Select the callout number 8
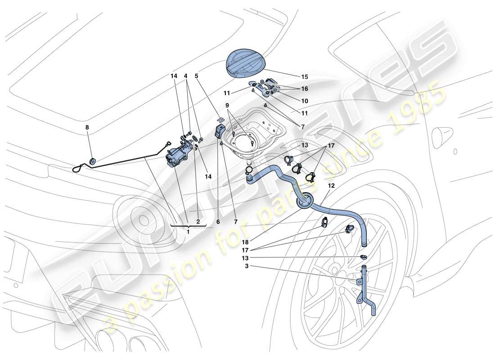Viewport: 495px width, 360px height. [x=87, y=127]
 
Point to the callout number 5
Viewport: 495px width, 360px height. [x=197, y=76]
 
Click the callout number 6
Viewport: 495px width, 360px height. [x=218, y=221]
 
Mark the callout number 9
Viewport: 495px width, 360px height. [x=228, y=105]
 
